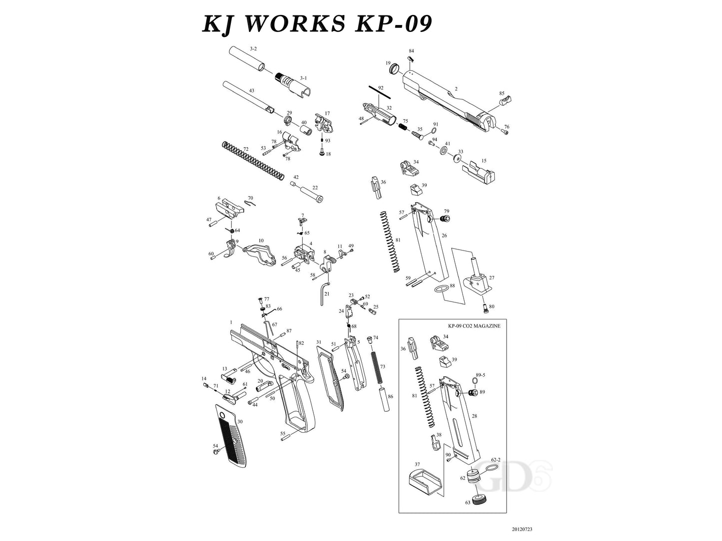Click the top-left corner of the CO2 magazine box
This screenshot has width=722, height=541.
399,319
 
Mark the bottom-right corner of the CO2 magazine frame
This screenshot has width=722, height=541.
507,513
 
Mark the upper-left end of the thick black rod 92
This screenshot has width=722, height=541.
369,87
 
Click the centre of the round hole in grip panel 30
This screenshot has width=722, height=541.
222,415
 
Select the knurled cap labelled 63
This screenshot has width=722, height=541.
480,500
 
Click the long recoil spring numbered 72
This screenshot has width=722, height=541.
253,161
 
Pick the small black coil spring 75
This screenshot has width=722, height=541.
403,125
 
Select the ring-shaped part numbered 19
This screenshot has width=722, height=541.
394,70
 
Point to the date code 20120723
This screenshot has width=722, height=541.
522,529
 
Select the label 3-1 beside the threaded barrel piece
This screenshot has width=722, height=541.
303,78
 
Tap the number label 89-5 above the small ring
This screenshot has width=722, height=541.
481,375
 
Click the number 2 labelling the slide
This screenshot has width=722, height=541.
456,89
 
